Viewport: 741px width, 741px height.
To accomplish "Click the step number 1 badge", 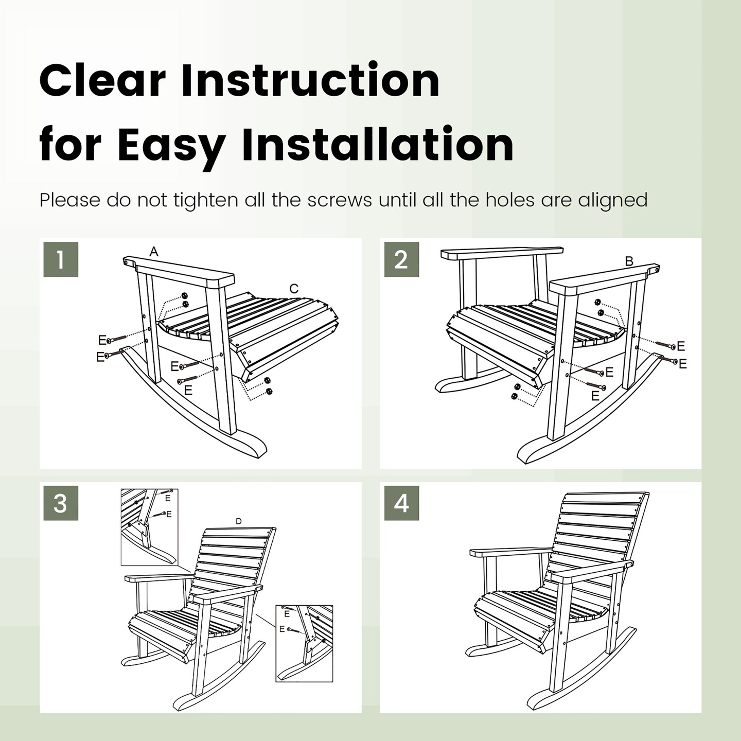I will click(x=61, y=259).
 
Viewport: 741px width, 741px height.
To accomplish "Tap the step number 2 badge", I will click(x=401, y=259).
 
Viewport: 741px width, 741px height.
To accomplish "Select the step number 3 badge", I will click(x=61, y=503).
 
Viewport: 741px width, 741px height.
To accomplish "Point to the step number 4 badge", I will click(x=401, y=503).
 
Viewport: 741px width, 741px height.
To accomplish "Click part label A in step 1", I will click(x=154, y=252).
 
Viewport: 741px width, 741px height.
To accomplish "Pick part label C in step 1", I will click(x=294, y=289).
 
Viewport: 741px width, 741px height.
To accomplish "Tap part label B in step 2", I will click(x=629, y=261).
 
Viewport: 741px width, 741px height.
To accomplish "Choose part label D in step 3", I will click(x=238, y=521).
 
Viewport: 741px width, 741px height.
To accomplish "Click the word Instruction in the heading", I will click(x=310, y=81).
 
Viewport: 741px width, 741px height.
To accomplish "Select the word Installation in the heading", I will click(x=378, y=145).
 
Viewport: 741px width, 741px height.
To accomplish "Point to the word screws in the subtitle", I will click(x=339, y=200).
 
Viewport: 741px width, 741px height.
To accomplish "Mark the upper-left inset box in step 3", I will click(x=149, y=526).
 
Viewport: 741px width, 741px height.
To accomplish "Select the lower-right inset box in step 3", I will click(x=304, y=643).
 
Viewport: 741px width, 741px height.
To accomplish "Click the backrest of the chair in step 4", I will click(x=597, y=535).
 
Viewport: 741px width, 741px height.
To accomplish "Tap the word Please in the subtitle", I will click(x=70, y=200).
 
